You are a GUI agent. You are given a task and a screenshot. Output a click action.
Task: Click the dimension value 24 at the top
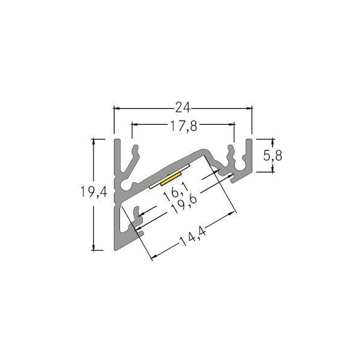click(x=182, y=108)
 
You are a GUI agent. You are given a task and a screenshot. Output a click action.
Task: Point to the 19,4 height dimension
click(x=94, y=192)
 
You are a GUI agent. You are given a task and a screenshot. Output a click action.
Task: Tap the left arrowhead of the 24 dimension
click(x=117, y=109)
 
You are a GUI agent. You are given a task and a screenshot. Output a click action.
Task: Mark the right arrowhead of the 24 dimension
click(x=249, y=109)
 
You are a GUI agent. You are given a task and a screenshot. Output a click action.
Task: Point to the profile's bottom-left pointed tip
click(x=117, y=249)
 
